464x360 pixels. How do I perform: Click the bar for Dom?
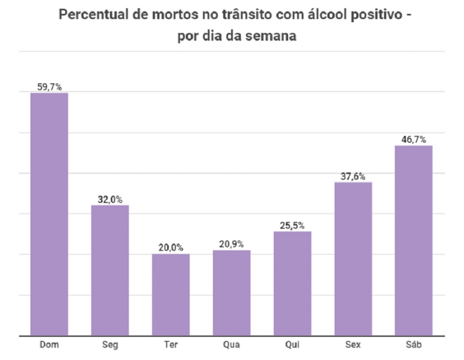click(x=49, y=214)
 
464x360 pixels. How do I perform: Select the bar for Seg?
click(x=110, y=270)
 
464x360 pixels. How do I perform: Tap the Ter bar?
click(x=171, y=294)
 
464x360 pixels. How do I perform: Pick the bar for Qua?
click(x=231, y=293)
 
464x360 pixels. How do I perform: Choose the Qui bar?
click(x=292, y=283)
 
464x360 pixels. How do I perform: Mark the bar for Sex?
click(x=353, y=259)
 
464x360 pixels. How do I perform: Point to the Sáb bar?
click(x=414, y=240)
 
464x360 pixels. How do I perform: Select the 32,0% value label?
click(x=110, y=199)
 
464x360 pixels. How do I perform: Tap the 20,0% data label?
click(x=171, y=248)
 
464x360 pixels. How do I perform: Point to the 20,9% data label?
click(x=231, y=244)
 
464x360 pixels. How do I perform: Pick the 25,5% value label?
click(x=292, y=226)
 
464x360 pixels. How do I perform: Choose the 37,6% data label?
click(x=353, y=176)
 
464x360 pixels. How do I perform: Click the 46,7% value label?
click(x=414, y=140)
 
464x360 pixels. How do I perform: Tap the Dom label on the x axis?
click(x=49, y=345)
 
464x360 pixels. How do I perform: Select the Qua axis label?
click(x=231, y=345)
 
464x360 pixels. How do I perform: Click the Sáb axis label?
click(x=414, y=345)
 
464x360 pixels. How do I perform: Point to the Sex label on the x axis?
click(x=353, y=345)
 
